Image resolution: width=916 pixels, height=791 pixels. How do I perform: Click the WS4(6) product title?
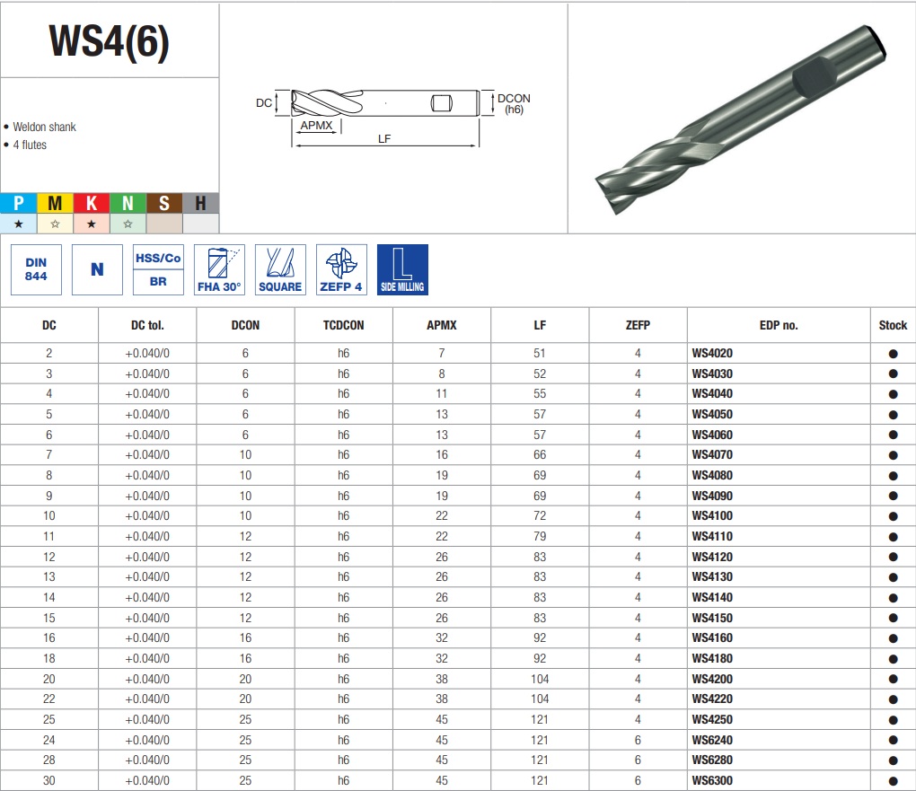point(110,41)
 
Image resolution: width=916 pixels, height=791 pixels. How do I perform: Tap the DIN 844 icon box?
point(36,269)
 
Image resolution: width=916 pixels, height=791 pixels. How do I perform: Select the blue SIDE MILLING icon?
point(402,269)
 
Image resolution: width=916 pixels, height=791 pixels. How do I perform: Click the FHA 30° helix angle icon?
point(219,269)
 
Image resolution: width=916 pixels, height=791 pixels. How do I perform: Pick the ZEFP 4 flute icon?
point(341,269)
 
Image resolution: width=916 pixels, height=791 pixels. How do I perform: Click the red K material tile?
point(91,203)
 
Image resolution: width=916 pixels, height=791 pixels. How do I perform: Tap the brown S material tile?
point(164,203)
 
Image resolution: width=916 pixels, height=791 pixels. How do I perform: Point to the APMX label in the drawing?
point(316,125)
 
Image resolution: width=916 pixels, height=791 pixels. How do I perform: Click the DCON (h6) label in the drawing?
point(514,103)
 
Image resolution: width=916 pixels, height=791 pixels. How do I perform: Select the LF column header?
point(540,325)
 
